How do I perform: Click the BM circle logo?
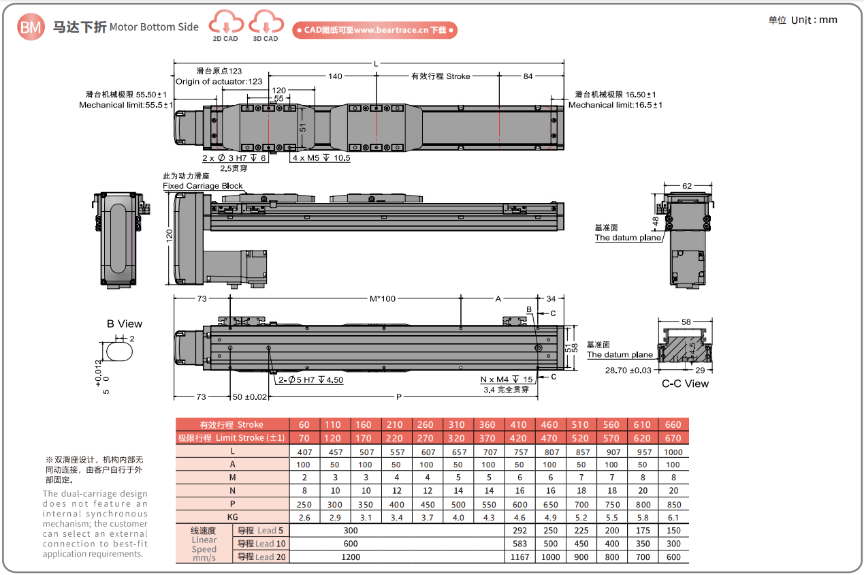[x=31, y=27]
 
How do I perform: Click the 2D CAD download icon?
[x=225, y=25]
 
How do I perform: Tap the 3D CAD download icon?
[x=265, y=25]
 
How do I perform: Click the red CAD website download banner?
[x=374, y=30]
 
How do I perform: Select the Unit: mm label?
[x=803, y=20]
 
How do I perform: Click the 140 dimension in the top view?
[x=335, y=76]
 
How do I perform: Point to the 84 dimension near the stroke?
[x=528, y=76]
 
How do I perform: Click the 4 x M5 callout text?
[x=321, y=158]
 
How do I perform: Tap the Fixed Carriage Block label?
[x=203, y=186]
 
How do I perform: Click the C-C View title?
[x=685, y=384]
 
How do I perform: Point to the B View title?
[x=125, y=324]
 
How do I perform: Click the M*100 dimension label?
[x=383, y=298]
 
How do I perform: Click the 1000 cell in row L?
[x=673, y=452]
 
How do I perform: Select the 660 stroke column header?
[x=673, y=424]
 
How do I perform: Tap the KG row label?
[x=232, y=518]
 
